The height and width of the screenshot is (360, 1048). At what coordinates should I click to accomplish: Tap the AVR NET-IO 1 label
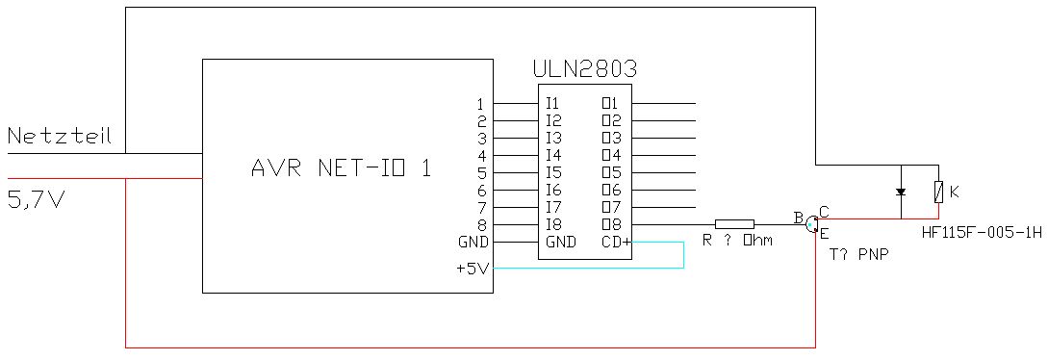341,167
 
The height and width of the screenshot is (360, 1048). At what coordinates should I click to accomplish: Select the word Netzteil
59,137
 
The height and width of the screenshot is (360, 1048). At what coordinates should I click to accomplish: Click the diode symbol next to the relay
901,193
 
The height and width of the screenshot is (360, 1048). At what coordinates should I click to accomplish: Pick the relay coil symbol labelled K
939,193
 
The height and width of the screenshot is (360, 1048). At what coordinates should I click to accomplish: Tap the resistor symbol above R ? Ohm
734,224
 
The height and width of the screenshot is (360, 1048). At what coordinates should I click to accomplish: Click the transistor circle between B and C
811,223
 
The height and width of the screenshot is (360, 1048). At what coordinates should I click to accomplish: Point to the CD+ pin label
616,243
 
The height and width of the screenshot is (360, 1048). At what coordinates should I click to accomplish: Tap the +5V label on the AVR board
473,269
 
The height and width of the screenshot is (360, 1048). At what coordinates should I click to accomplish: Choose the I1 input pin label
552,104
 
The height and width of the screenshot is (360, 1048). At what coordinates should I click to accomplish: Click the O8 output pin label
611,225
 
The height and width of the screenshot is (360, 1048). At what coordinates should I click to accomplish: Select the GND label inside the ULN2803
560,243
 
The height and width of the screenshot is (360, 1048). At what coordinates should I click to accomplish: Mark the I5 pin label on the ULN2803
553,173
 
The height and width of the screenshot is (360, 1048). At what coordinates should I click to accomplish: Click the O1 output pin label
611,104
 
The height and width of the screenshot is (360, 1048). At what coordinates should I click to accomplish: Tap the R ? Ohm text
737,241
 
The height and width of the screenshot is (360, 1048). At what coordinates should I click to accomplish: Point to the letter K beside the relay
955,193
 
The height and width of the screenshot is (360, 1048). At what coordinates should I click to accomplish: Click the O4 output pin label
611,156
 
